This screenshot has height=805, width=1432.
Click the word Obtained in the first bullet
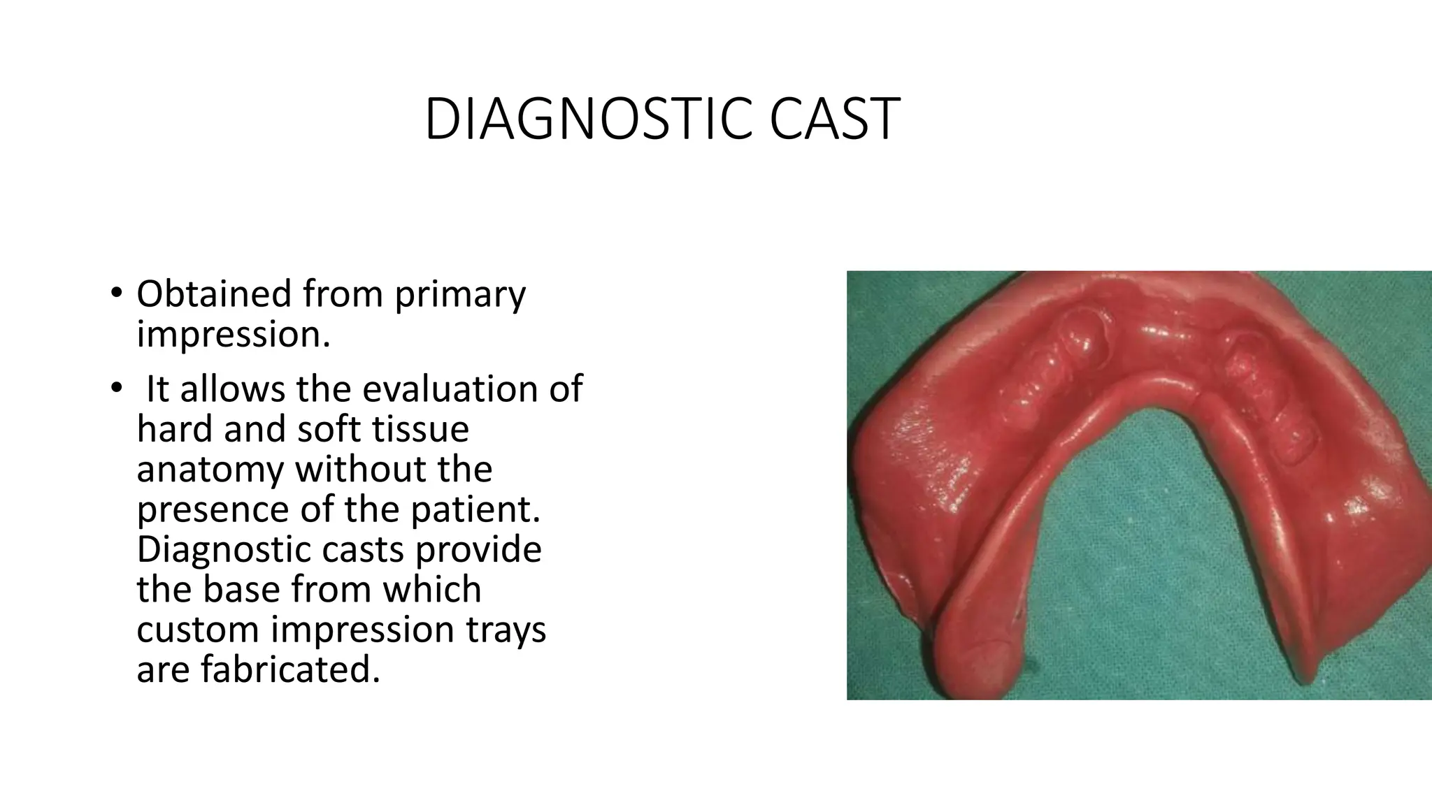[x=213, y=293]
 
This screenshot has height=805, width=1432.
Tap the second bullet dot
[x=115, y=389]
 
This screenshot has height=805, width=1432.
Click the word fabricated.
[x=290, y=669]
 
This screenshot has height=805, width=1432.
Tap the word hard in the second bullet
[x=174, y=429]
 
